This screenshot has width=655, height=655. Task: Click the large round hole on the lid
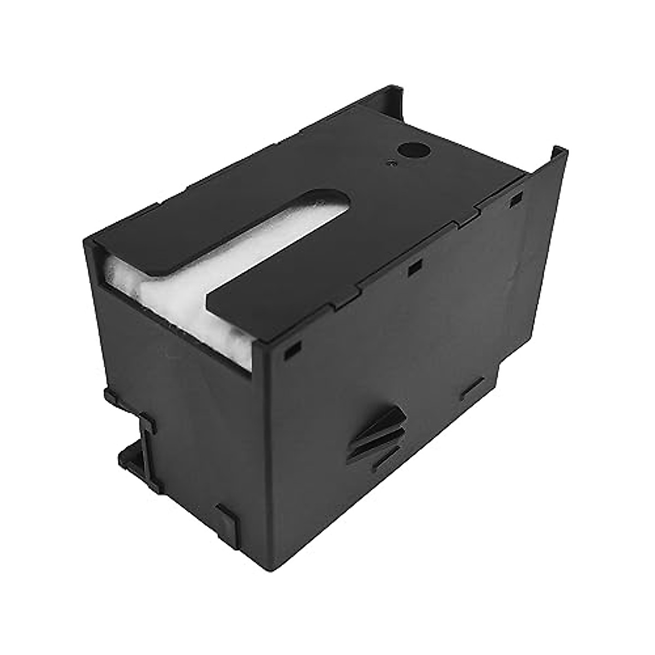point(407,148)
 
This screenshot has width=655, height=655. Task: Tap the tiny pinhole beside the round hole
point(390,162)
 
